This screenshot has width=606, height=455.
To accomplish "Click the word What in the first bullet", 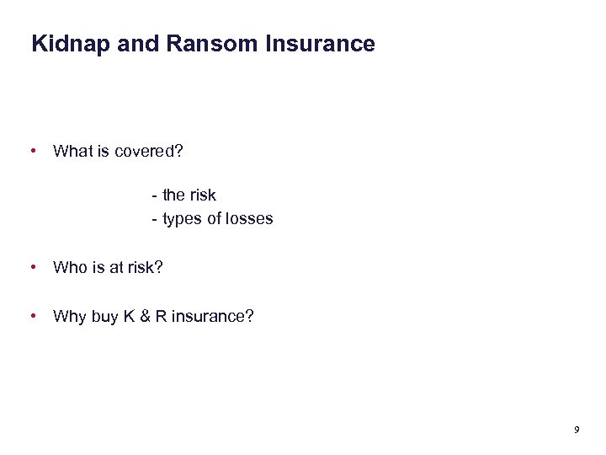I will [71, 152].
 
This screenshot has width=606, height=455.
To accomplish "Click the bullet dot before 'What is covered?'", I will [33, 152].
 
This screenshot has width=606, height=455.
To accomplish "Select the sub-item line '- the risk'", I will [183, 195].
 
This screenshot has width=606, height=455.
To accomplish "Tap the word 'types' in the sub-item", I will [182, 219].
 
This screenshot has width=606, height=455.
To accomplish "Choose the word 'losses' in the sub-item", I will [251, 219].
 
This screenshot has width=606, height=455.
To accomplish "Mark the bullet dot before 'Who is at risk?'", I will [33, 267].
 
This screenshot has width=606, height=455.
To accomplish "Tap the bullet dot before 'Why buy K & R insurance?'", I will [33, 316].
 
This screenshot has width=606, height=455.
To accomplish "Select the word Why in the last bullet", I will [69, 317].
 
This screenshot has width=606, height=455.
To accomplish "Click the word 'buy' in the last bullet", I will [104, 317].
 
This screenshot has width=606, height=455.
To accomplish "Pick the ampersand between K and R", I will [143, 317].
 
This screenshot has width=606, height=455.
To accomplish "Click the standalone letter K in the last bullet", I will [128, 317].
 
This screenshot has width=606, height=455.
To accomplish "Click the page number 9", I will [577, 431].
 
